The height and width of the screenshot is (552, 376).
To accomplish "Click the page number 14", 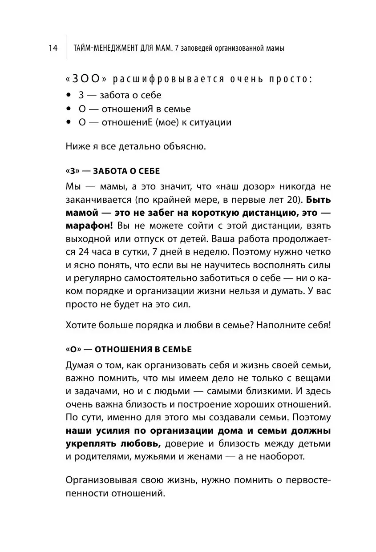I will pyautogui.click(x=53, y=48).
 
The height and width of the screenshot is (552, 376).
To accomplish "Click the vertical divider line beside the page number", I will pyautogui.click(x=65, y=47).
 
